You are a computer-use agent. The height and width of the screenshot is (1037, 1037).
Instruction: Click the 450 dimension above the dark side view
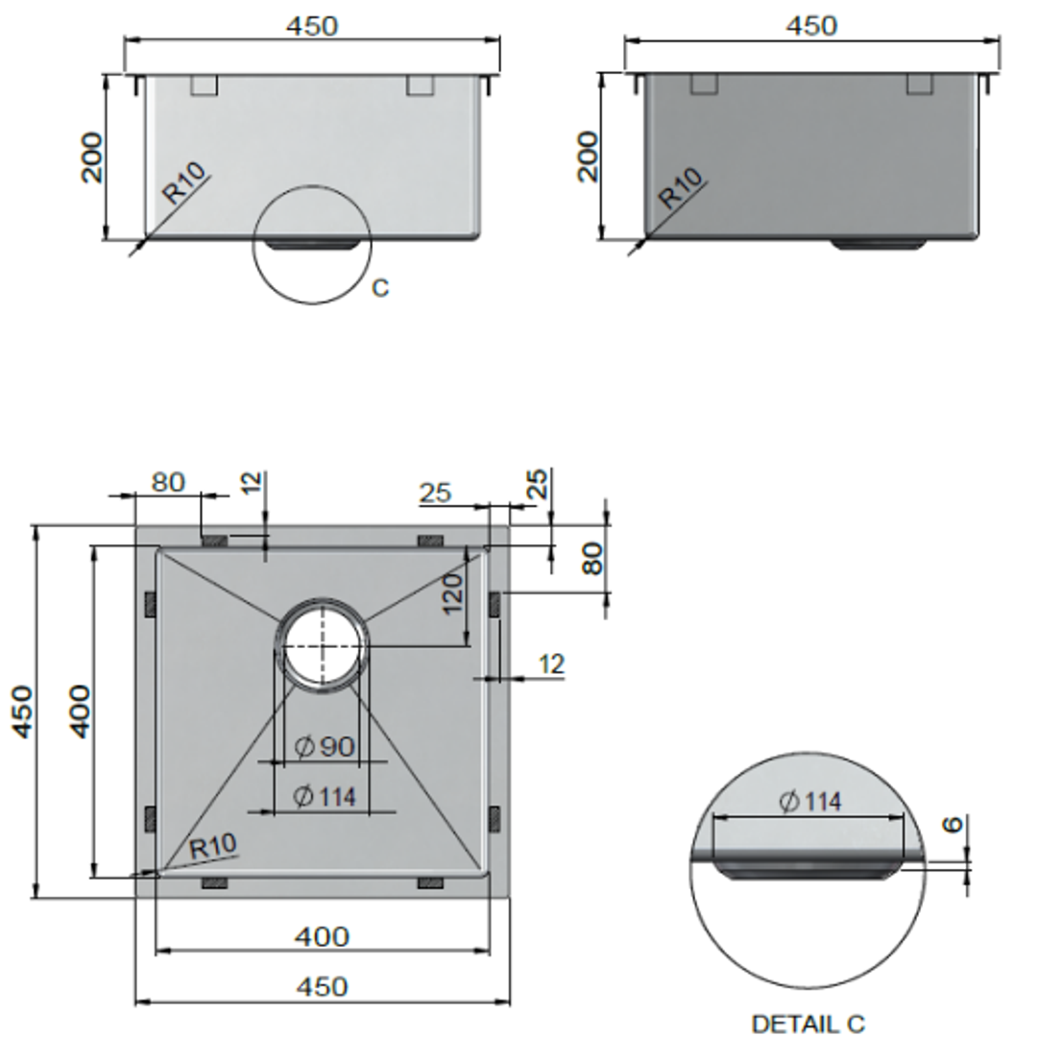tap(811, 25)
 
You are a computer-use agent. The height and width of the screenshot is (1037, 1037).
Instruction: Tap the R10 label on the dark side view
tap(681, 188)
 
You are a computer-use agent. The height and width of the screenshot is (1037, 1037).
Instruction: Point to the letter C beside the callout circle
tap(380, 288)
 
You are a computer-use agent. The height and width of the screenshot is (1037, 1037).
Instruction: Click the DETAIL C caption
tap(808, 1025)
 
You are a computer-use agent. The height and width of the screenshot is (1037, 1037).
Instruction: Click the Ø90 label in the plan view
tap(326, 746)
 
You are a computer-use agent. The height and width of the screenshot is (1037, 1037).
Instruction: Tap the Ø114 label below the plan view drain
tap(325, 796)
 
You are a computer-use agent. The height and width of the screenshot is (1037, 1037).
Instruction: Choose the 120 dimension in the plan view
tap(452, 592)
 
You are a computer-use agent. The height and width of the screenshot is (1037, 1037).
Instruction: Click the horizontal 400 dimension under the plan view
tap(322, 936)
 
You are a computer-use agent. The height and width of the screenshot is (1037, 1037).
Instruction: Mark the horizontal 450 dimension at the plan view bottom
tap(322, 986)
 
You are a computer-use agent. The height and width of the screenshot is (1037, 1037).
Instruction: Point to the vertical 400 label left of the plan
tap(82, 711)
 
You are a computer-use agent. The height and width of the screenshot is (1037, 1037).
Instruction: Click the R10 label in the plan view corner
tap(212, 847)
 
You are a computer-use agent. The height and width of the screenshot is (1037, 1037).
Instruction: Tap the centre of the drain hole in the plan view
tap(322, 645)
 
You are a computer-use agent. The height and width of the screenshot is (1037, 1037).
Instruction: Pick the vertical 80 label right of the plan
tap(592, 559)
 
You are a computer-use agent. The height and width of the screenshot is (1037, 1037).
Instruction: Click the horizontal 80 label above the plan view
tap(167, 481)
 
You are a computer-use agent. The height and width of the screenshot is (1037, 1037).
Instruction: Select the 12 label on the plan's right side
tap(551, 663)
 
